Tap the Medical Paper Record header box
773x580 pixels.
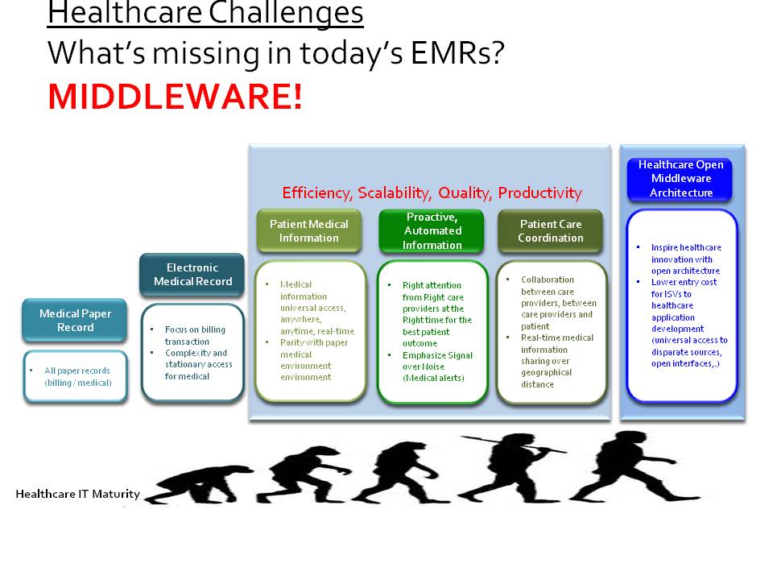pyautogui.click(x=75, y=321)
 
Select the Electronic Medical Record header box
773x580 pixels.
pyautogui.click(x=192, y=275)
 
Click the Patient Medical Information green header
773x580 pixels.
pyautogui.click(x=308, y=230)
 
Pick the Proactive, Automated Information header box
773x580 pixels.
pyautogui.click(x=432, y=230)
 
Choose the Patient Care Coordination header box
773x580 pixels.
pyautogui.click(x=551, y=230)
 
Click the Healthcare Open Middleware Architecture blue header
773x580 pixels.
pyautogui.click(x=680, y=178)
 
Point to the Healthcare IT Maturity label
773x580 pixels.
pyautogui.click(x=77, y=494)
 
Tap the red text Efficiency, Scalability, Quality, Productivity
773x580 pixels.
pyautogui.click(x=432, y=193)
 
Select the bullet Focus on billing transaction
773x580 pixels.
pyautogui.click(x=196, y=335)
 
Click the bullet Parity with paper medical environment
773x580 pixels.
pyautogui.click(x=316, y=359)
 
